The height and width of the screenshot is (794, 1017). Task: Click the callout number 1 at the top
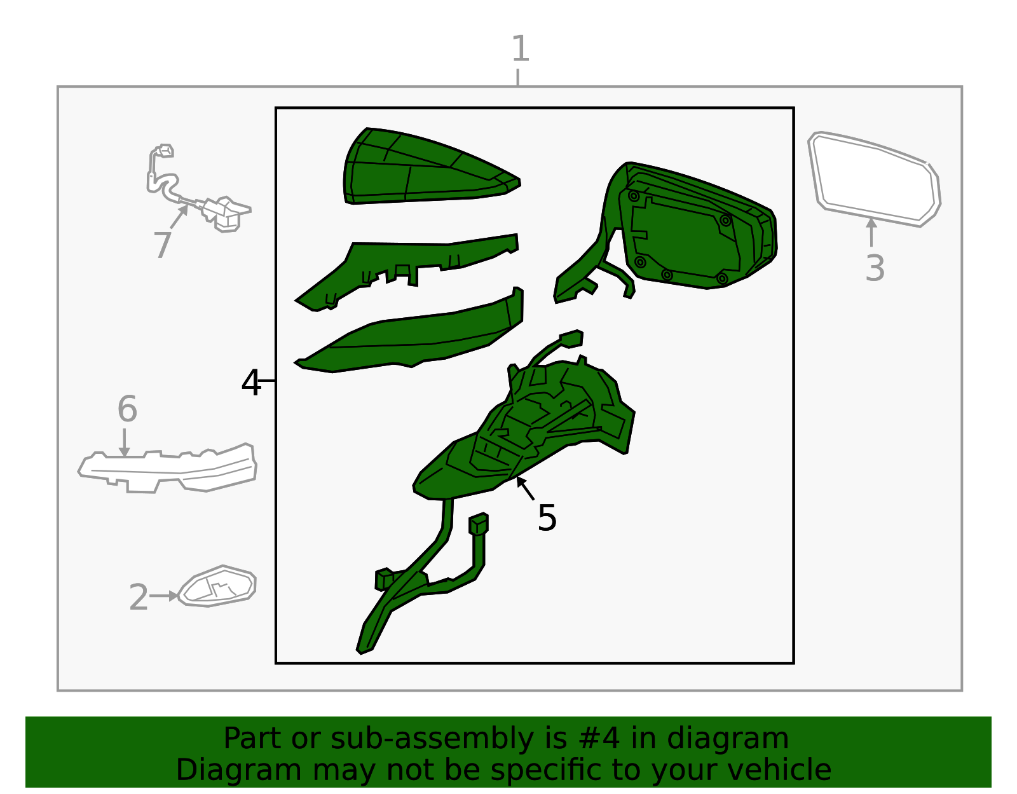pos(520,48)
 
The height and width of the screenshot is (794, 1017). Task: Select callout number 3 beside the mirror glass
pos(875,268)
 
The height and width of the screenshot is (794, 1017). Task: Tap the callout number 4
pos(251,382)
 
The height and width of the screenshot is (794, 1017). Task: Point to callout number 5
pos(547,518)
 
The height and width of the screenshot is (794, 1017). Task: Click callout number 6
pos(127,409)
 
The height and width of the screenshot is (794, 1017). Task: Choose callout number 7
pos(162,245)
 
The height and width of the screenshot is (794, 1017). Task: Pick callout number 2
pos(139,597)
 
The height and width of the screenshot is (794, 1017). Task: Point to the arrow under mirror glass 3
pos(871,232)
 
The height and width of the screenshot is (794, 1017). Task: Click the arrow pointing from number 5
pos(525,488)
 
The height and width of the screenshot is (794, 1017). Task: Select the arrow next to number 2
pos(164,596)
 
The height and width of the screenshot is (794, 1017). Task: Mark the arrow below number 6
pos(124,442)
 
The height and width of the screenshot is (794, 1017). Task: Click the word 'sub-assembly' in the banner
pos(432,739)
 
